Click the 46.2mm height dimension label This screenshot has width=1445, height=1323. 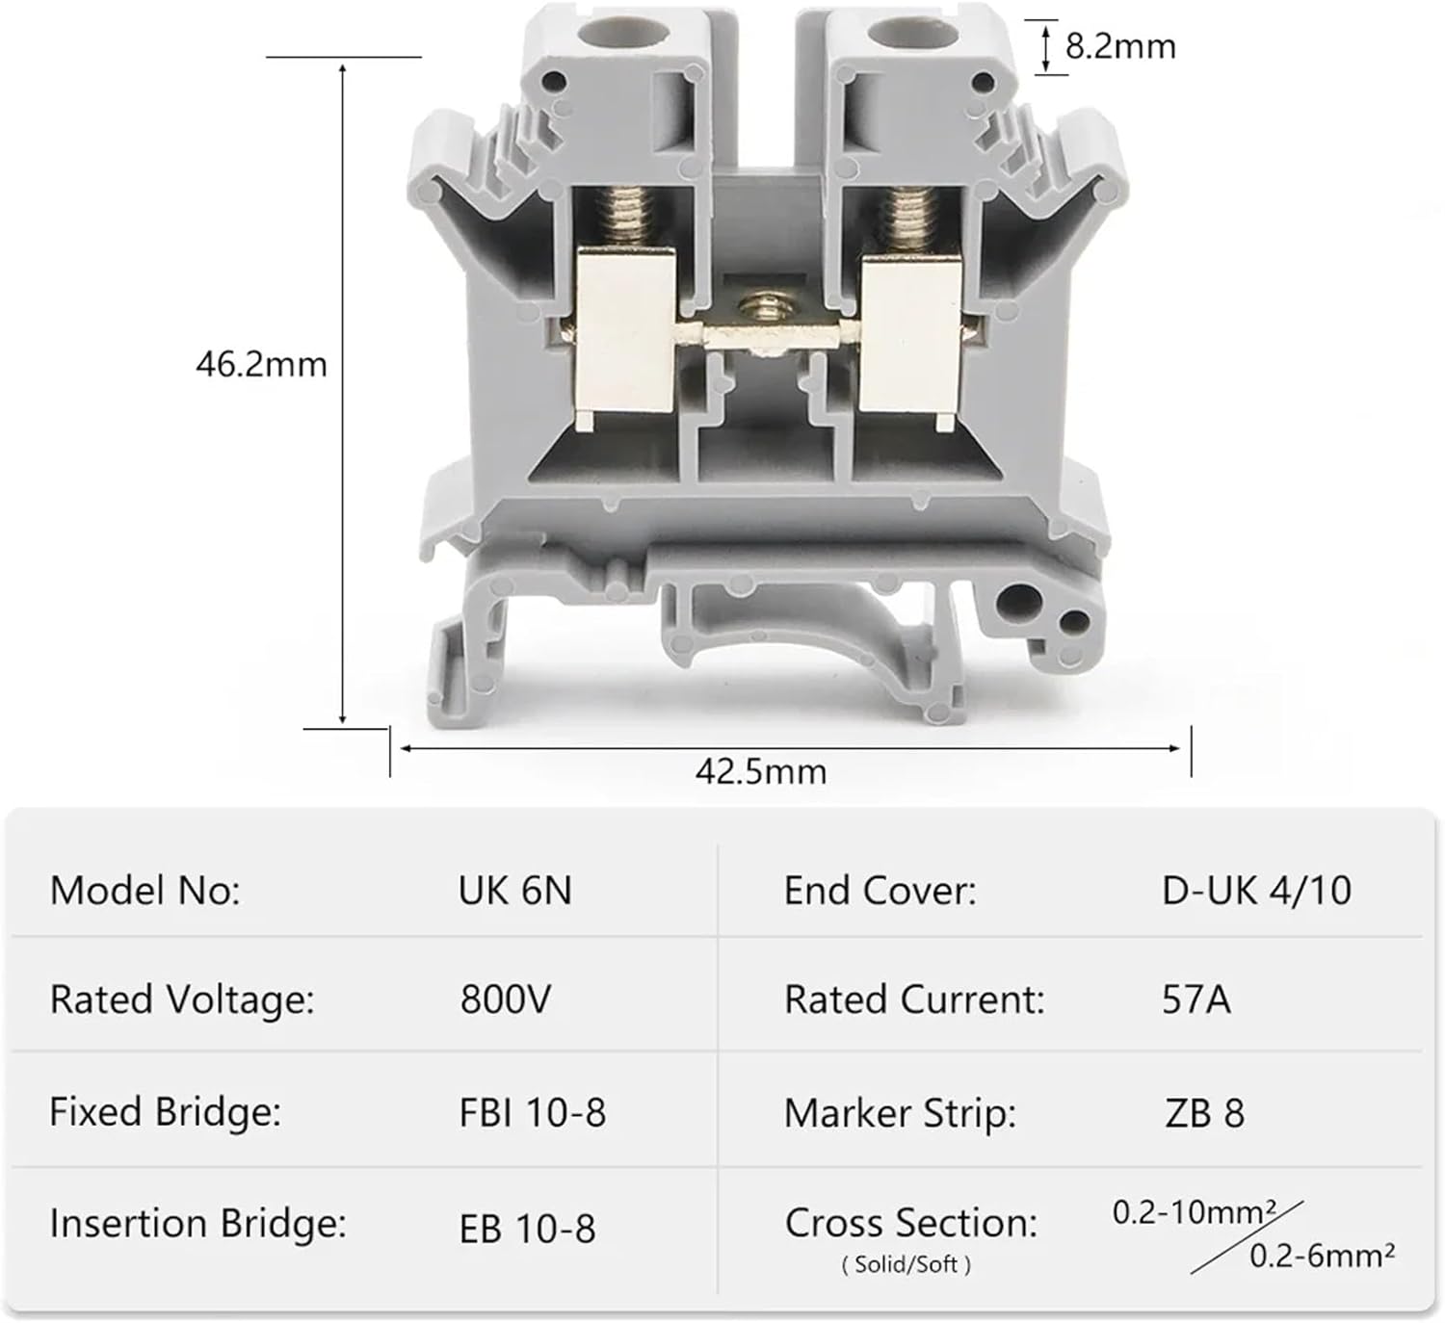(x=261, y=365)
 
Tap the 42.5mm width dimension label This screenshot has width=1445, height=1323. (x=761, y=771)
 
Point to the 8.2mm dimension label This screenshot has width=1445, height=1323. (x=1120, y=46)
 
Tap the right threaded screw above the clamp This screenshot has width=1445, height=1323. (x=909, y=216)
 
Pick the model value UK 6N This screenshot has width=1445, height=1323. (x=515, y=891)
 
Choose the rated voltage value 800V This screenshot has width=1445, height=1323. (x=506, y=999)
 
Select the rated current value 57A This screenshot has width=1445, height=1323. (x=1196, y=999)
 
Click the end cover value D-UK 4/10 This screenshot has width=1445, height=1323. (x=1256, y=891)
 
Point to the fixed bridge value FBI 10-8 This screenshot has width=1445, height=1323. (x=533, y=1113)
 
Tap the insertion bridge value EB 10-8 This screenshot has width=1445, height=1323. (x=528, y=1229)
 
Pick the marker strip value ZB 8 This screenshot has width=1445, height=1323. (x=1204, y=1114)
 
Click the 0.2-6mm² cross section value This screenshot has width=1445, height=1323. (x=1322, y=1256)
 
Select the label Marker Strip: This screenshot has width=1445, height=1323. (x=901, y=1114)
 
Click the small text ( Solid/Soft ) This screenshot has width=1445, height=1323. (x=906, y=1264)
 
